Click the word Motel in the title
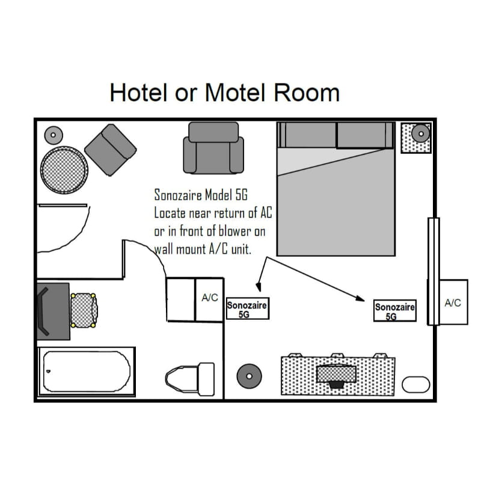pyautogui.click(x=234, y=93)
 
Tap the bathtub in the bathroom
pyautogui.click(x=87, y=372)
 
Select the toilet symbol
pyautogui.click(x=190, y=379)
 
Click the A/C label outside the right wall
pyautogui.click(x=453, y=303)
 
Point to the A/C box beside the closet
pyautogui.click(x=209, y=299)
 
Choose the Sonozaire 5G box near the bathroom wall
pyautogui.click(x=248, y=308)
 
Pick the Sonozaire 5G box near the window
pyautogui.click(x=395, y=311)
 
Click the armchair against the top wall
pyautogui.click(x=213, y=148)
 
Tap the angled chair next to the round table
pyautogui.click(x=111, y=150)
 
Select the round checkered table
pyautogui.click(x=64, y=170)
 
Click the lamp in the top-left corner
pyautogui.click(x=54, y=135)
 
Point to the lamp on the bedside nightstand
pyautogui.click(x=421, y=133)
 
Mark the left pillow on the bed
pyautogui.click(x=308, y=135)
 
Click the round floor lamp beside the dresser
pyautogui.click(x=250, y=376)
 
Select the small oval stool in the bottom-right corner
pyautogui.click(x=415, y=385)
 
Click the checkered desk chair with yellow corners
pyautogui.click(x=84, y=310)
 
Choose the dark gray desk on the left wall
pyautogui.click(x=54, y=311)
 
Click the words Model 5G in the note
pyautogui.click(x=226, y=195)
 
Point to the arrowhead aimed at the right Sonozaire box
pyautogui.click(x=361, y=298)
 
